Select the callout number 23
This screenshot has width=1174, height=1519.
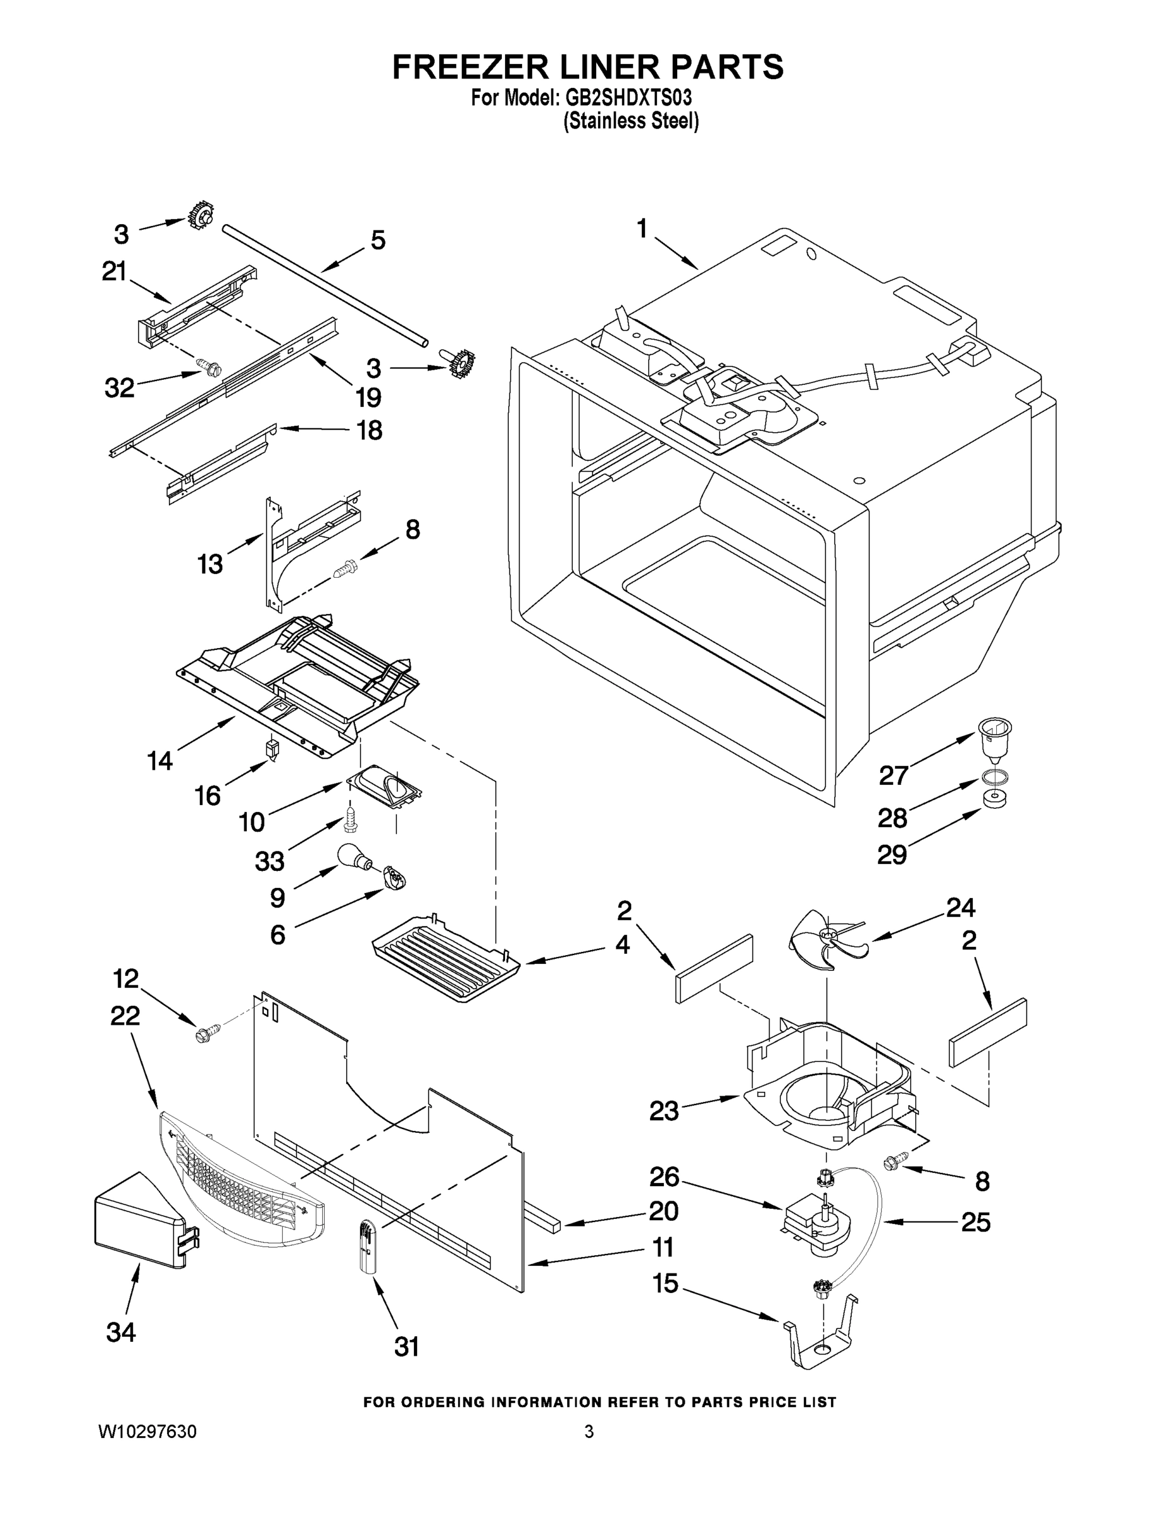663,1111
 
